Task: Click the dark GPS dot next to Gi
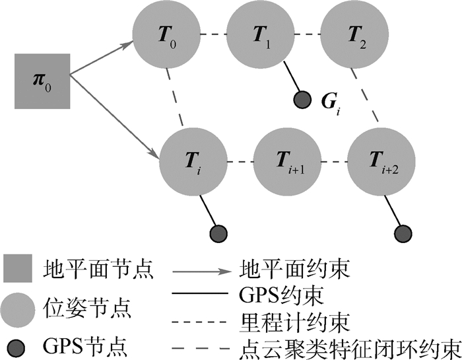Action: [x=302, y=100]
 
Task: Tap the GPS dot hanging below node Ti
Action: [x=218, y=233]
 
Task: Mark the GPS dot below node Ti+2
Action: [x=404, y=233]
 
